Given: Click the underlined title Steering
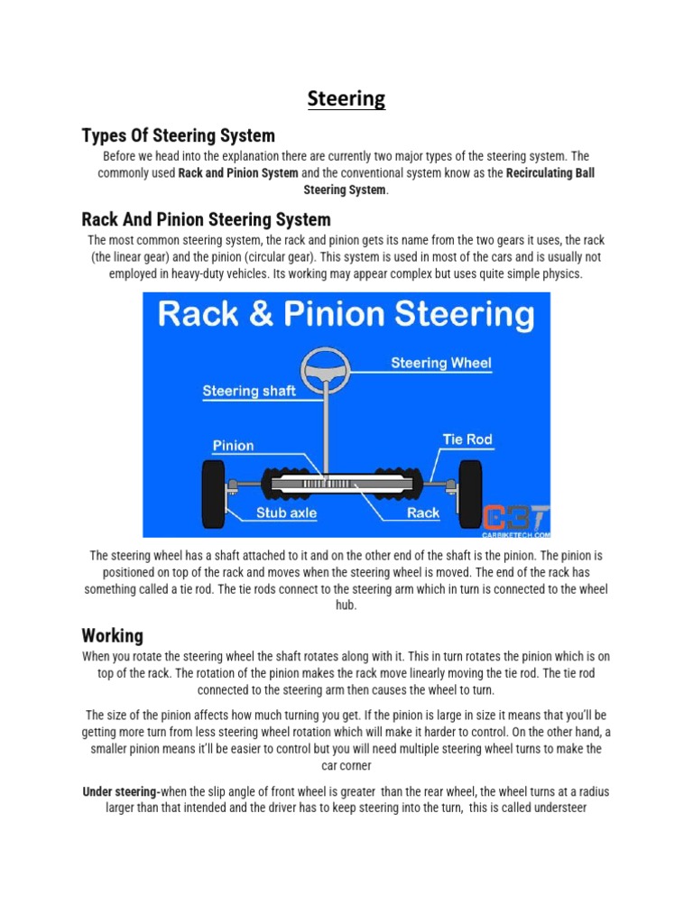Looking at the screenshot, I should (x=346, y=98).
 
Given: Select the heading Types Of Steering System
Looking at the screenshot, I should (x=178, y=136).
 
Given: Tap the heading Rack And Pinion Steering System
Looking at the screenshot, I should (x=206, y=219).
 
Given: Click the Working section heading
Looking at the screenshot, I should (x=112, y=635).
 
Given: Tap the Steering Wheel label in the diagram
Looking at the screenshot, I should (x=440, y=364).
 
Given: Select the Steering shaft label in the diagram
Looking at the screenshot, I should (x=249, y=392).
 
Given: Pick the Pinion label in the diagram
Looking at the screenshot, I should (x=233, y=445).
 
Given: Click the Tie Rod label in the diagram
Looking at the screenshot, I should (x=467, y=439).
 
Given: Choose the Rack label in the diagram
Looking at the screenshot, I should (x=422, y=513).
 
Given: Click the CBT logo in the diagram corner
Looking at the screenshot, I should (x=515, y=518).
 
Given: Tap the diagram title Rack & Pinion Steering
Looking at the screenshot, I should (x=346, y=315).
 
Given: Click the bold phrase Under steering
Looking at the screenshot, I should (x=122, y=791).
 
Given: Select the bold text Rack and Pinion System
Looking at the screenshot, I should (x=238, y=172).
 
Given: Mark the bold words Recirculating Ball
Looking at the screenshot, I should (x=550, y=172).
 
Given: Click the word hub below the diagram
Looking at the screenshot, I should (x=346, y=606).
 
